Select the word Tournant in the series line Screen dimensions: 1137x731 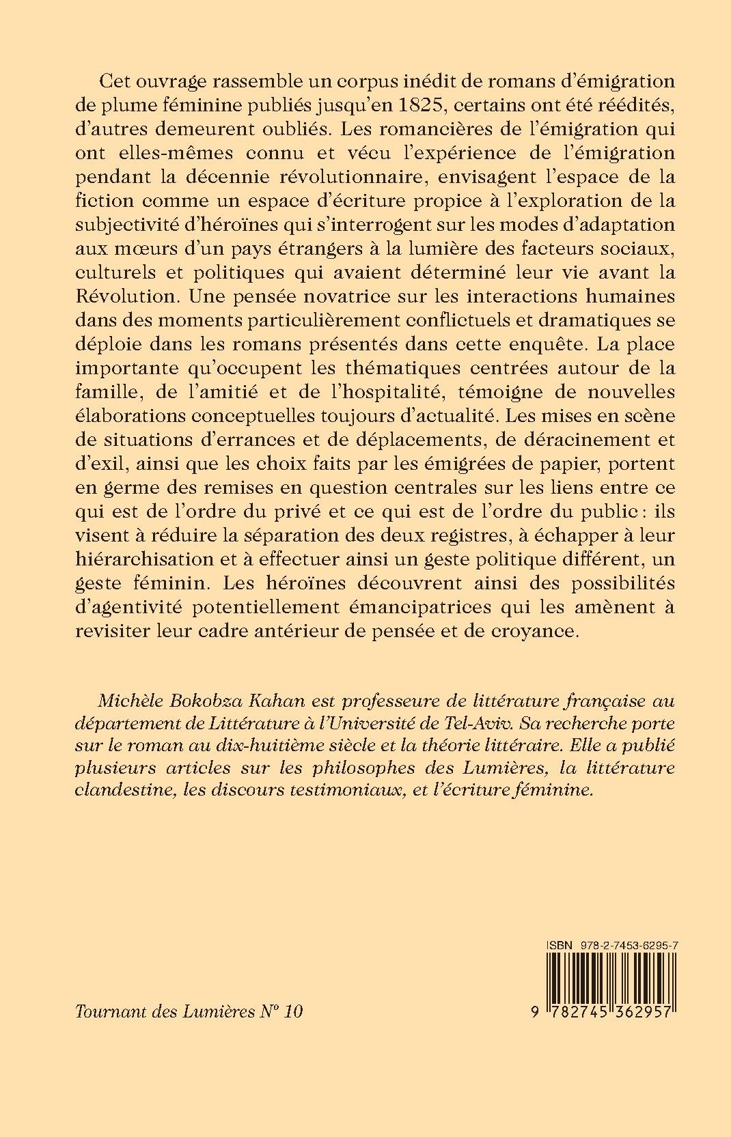pos(108,1011)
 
